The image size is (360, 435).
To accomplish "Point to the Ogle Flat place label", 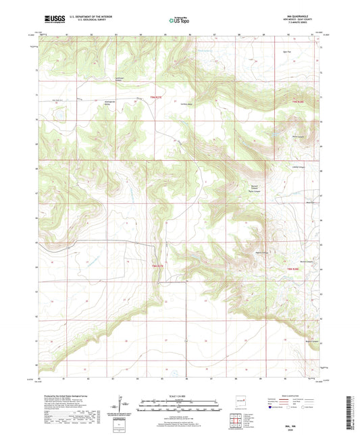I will point(286,51).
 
